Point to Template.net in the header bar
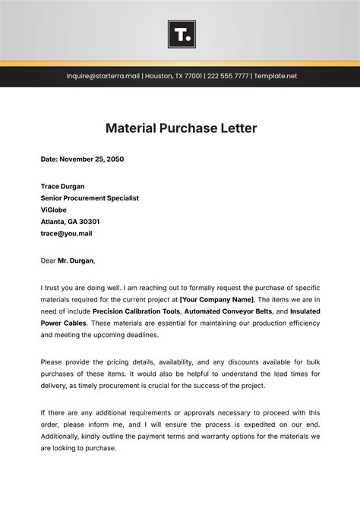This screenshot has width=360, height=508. pyautogui.click(x=276, y=76)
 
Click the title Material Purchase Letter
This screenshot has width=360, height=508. pyautogui.click(x=180, y=128)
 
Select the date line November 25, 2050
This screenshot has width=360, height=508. pyautogui.click(x=82, y=159)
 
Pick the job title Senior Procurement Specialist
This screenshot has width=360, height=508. pyautogui.click(x=90, y=198)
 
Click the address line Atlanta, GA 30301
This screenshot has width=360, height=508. pyautogui.click(x=70, y=222)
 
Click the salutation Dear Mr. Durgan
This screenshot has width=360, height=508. pyautogui.click(x=68, y=260)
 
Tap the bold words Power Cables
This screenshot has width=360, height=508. pyautogui.click(x=65, y=323)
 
